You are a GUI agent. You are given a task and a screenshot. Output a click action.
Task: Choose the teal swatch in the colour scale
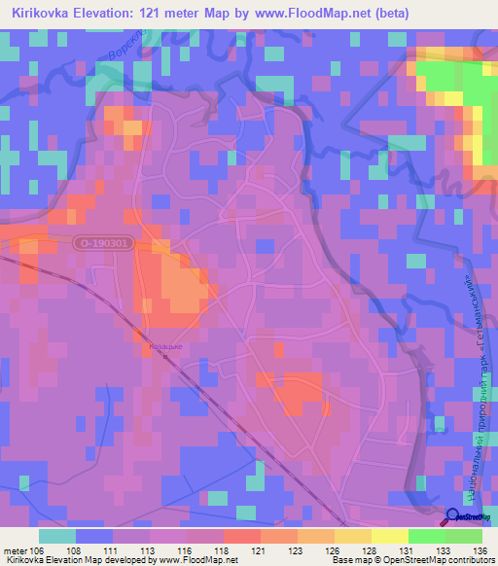click(x=56, y=536)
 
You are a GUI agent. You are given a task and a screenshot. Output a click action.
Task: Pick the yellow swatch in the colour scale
click(x=390, y=536)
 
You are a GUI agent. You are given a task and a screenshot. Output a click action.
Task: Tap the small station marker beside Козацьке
click(x=165, y=355)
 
